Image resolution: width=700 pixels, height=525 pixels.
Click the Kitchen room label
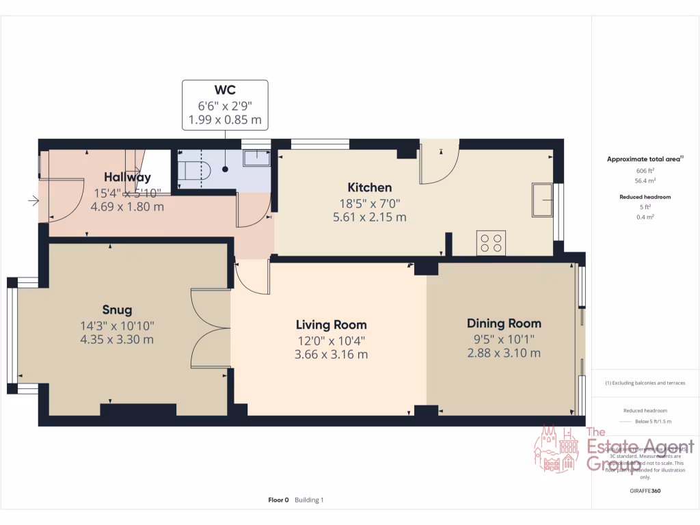click(x=370, y=187)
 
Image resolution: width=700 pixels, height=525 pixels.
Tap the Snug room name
click(x=117, y=310)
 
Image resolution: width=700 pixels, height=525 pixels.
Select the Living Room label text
click(x=331, y=325)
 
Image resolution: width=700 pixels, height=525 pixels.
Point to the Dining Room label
click(x=504, y=323)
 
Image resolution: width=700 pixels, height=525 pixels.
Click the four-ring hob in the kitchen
click(x=491, y=243)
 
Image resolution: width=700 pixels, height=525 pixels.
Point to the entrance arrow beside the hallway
click(x=32, y=201)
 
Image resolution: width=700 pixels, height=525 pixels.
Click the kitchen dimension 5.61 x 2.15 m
click(x=370, y=217)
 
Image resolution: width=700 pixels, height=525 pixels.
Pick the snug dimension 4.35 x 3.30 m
click(x=117, y=340)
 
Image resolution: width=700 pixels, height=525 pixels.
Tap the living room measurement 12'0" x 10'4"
click(x=331, y=340)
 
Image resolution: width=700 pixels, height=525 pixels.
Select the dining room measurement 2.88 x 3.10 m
click(x=504, y=353)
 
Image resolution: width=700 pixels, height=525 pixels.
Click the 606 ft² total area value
click(x=645, y=170)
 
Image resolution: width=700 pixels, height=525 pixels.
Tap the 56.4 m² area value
click(x=645, y=181)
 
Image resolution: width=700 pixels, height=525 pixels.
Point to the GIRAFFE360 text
click(x=645, y=491)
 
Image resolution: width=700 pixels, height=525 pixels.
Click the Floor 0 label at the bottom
click(x=279, y=500)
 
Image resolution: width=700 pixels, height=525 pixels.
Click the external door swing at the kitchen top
click(x=439, y=164)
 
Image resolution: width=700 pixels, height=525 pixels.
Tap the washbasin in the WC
click(x=258, y=159)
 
